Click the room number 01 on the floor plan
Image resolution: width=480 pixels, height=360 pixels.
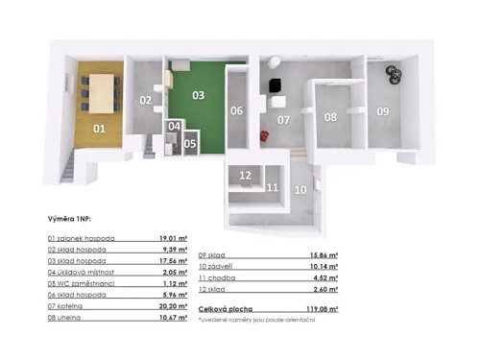click(98, 127)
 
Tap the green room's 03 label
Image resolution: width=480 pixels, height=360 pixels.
click(198, 95)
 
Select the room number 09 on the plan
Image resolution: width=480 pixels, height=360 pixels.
click(383, 112)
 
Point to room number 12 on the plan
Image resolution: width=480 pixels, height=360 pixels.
click(246, 176)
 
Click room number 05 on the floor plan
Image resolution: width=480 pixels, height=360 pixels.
click(190, 144)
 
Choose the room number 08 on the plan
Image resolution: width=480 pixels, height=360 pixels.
click(329, 117)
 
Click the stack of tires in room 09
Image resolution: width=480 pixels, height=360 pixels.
click(392, 74)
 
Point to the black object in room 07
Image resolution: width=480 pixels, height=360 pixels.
click(275, 86)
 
